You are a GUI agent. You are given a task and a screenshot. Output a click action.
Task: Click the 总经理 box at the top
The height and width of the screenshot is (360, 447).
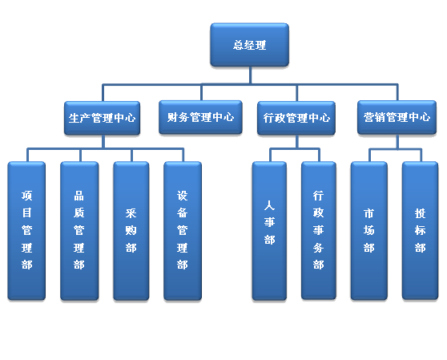click(x=250, y=45)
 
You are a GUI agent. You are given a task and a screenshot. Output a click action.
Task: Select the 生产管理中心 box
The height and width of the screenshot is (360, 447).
click(x=102, y=118)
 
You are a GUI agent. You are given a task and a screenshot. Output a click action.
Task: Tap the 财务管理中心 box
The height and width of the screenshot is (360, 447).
click(x=201, y=117)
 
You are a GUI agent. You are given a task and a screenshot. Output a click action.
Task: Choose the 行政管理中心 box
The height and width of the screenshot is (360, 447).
click(x=296, y=118)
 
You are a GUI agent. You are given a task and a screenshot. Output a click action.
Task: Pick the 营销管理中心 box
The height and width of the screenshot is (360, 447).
click(x=397, y=117)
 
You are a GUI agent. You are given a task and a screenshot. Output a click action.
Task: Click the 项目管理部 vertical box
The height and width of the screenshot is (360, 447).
click(x=26, y=230)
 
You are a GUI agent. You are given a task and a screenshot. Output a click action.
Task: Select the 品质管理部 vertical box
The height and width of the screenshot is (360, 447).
click(x=79, y=230)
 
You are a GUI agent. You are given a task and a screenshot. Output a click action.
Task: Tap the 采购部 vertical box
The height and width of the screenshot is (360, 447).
click(x=131, y=230)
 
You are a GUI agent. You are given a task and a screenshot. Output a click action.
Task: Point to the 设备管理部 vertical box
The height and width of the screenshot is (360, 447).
click(x=183, y=230)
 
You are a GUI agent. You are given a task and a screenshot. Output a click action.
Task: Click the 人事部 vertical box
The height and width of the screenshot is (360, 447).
click(x=269, y=230)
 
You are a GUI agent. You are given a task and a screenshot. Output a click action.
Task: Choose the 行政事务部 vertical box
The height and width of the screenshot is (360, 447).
click(x=319, y=230)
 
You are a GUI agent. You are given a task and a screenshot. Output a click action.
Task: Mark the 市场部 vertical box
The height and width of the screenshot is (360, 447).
click(x=369, y=230)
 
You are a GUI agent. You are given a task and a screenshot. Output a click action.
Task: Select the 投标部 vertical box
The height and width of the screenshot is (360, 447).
click(x=421, y=230)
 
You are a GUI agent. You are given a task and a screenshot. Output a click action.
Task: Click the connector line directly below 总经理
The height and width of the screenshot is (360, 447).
click(x=250, y=75)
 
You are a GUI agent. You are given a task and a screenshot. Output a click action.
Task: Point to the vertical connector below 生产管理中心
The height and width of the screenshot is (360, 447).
click(x=103, y=141)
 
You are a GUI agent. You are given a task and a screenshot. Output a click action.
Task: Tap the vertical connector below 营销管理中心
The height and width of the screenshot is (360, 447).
click(x=398, y=141)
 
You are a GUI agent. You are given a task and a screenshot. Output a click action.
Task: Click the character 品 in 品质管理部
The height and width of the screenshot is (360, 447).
click(x=79, y=196)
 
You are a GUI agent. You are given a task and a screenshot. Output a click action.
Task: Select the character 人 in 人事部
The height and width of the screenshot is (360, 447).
click(x=269, y=205)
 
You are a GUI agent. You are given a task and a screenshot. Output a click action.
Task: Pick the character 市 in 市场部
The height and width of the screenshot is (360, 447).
click(x=368, y=213)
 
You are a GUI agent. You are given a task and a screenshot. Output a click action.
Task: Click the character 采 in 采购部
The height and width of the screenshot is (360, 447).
click(x=131, y=213)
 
